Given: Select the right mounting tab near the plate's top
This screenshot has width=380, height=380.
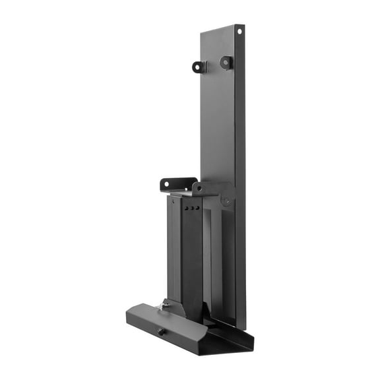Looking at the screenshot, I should (x=226, y=63).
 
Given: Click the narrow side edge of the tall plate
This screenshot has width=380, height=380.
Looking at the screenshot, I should (x=241, y=165).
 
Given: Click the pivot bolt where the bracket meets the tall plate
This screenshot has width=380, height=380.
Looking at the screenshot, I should (x=226, y=201).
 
